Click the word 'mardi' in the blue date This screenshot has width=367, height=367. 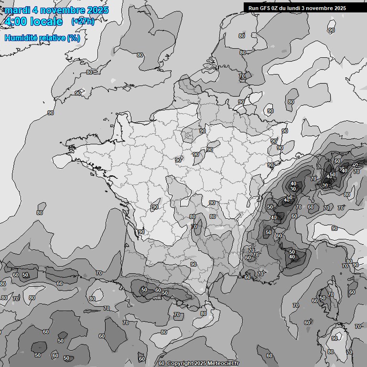17,10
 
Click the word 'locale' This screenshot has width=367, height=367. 46,22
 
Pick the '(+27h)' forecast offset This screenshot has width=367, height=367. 83,22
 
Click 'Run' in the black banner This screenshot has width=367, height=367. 253,8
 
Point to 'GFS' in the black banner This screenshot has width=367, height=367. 265,8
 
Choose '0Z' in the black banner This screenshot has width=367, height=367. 276,8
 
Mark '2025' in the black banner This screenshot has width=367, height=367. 340,8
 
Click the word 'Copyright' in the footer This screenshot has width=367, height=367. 180,364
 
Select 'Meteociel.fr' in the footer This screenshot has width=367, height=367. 223,364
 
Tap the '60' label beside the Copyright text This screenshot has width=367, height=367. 162,364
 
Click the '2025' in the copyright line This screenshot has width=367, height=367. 200,364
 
